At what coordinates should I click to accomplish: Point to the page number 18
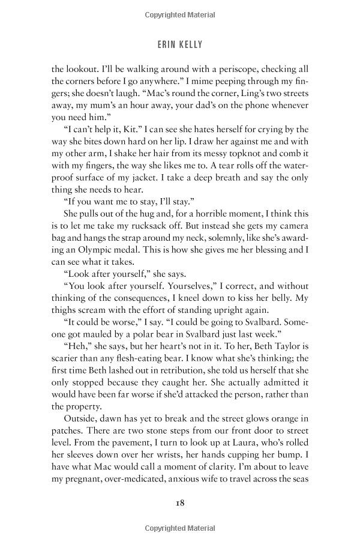(179, 503)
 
